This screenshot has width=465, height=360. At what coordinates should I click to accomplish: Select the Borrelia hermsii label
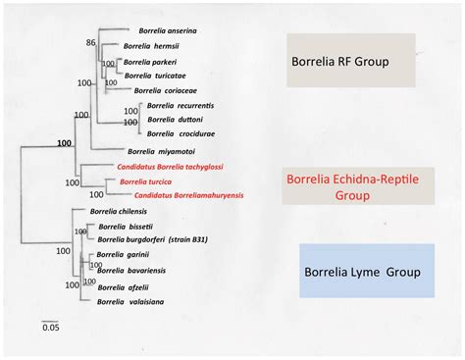150,46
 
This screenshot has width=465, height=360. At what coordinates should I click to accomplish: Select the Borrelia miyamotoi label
159,151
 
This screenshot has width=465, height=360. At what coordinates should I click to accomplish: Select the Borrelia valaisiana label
129,302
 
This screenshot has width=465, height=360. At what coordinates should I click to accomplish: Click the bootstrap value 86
90,43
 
